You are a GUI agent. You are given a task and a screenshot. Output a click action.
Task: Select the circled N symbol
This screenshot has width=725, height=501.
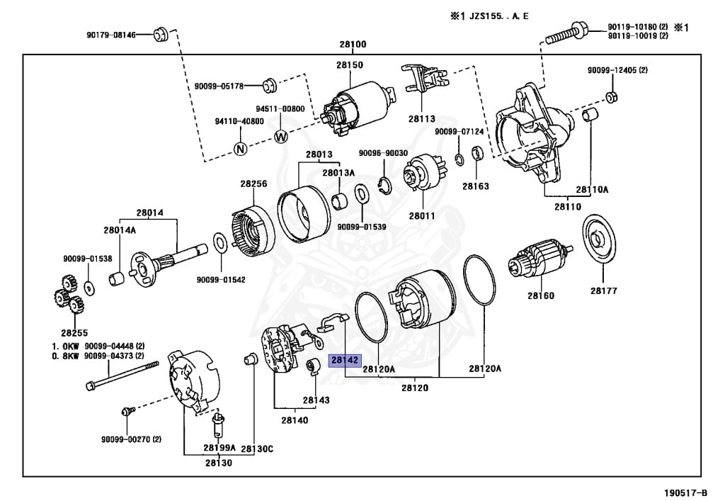(x=241, y=149)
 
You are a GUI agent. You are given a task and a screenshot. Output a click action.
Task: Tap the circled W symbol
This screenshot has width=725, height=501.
(x=280, y=136)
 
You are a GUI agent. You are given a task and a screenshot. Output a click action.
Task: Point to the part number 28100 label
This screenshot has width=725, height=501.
(x=353, y=44)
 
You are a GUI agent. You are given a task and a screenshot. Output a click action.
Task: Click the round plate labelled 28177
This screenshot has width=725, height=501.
(x=601, y=241)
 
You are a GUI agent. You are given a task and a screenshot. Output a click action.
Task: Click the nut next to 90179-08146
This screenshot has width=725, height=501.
(x=159, y=33)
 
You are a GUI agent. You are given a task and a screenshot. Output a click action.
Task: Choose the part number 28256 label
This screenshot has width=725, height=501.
(x=253, y=184)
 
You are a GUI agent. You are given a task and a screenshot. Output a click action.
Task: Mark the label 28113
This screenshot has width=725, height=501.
(x=421, y=119)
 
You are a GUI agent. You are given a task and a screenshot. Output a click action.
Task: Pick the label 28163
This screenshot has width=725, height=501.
(x=476, y=186)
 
